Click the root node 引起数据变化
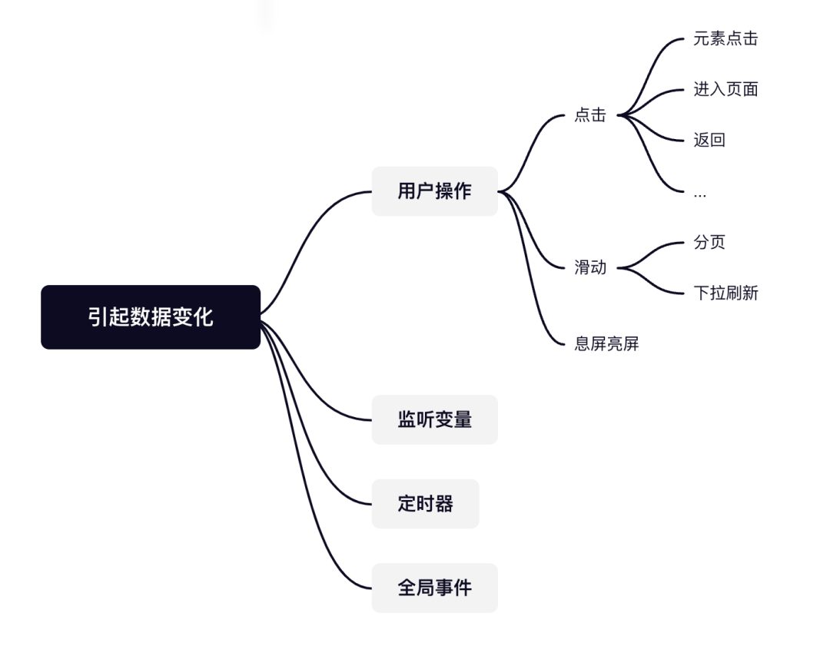click(x=151, y=317)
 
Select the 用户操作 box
click(x=434, y=191)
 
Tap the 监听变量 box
click(x=434, y=419)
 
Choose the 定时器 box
click(x=425, y=504)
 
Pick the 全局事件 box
click(x=434, y=588)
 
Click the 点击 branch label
click(x=590, y=115)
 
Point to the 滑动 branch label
click(x=590, y=268)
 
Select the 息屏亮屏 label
click(x=606, y=344)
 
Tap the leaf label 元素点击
click(x=725, y=39)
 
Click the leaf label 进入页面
click(x=725, y=89)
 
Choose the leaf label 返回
click(x=709, y=140)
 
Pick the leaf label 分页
click(x=709, y=243)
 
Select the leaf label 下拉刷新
click(x=725, y=293)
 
